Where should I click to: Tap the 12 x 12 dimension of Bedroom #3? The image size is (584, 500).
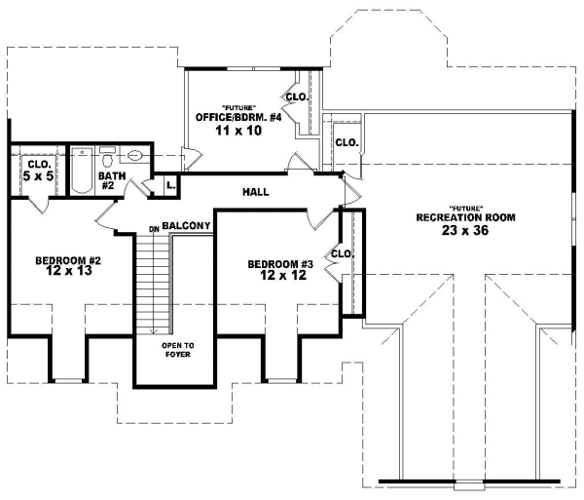pyautogui.click(x=278, y=277)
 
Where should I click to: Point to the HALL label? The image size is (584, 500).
pyautogui.click(x=256, y=191)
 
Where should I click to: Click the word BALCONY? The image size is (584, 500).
pyautogui.click(x=187, y=226)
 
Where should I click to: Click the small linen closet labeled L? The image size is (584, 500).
pyautogui.click(x=169, y=183)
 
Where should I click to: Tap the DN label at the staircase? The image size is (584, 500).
pyautogui.click(x=154, y=229)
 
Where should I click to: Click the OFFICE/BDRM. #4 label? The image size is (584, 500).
pyautogui.click(x=238, y=117)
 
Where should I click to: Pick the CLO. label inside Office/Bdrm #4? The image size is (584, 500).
pyautogui.click(x=296, y=97)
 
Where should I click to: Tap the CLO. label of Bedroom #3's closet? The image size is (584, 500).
pyautogui.click(x=341, y=254)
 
